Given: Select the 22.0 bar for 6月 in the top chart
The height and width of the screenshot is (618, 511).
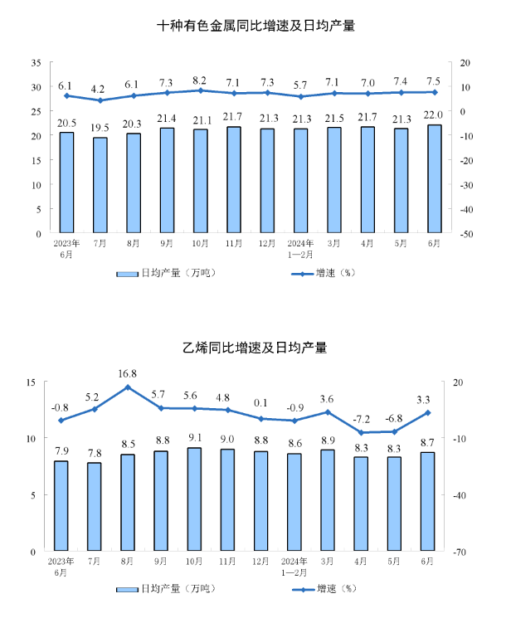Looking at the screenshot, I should pos(434,179).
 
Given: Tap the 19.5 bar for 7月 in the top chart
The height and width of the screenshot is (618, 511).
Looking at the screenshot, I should pos(100,186).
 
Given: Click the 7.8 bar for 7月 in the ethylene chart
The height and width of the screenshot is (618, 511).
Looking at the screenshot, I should pos(94,507).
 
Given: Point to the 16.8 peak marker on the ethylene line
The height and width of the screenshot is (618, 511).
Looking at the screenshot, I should pos(128,387).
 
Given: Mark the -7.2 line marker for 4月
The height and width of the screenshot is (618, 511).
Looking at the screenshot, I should pos(361,432).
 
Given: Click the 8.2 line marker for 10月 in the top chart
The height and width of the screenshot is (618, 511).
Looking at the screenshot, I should pos(200,90).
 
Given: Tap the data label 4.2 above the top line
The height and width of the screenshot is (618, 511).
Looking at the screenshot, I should pos(99,88).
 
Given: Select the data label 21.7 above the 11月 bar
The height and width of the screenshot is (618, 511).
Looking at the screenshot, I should pos(234,115).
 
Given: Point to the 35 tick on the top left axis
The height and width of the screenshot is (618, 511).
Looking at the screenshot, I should pos(36,63).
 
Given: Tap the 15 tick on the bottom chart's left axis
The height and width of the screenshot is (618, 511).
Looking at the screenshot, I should pos(31,382).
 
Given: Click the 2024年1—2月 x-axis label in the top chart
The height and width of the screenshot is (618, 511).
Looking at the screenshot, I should pos(300,250).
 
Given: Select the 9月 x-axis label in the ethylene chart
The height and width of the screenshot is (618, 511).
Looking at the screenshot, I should pos(161,562).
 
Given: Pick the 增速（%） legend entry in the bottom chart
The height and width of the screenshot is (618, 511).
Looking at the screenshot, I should pos(323,589).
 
